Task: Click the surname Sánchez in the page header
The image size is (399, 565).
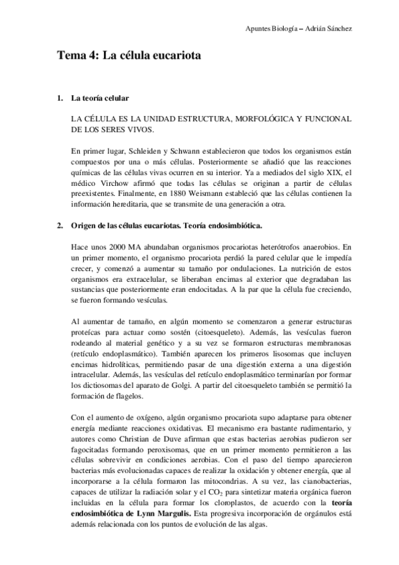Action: (x=337, y=29)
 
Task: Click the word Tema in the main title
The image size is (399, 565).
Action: (x=69, y=57)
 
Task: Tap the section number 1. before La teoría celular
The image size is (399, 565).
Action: (x=59, y=99)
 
